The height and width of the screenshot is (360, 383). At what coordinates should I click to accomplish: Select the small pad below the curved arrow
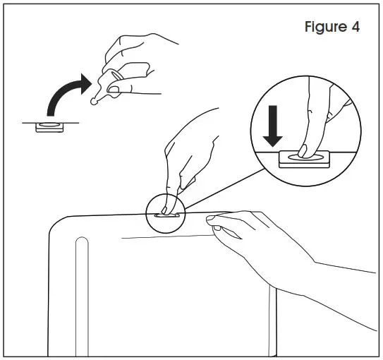(50, 126)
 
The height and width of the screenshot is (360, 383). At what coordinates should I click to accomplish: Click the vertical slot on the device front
(81, 296)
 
